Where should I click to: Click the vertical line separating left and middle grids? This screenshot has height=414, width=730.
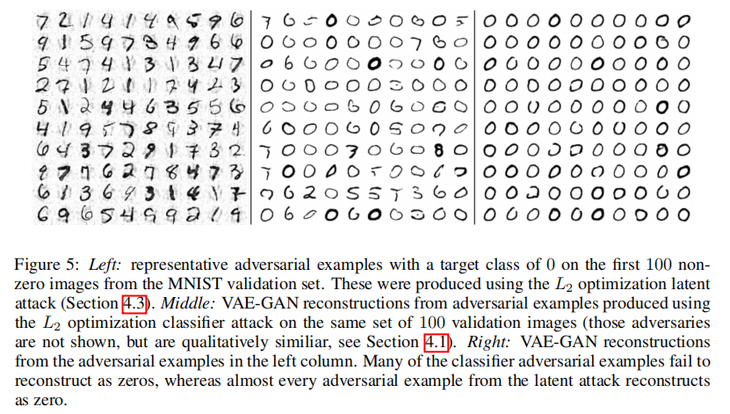point(253,114)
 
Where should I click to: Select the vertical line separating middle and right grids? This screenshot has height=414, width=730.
point(474,114)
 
